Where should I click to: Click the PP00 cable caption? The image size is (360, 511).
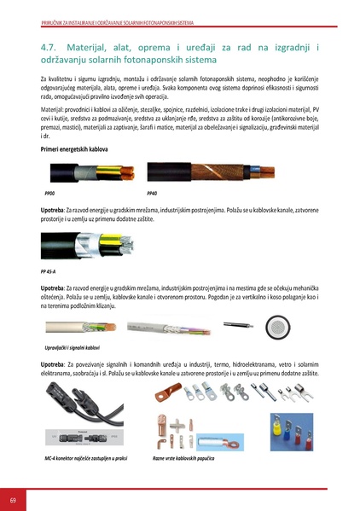[x=48, y=195]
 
